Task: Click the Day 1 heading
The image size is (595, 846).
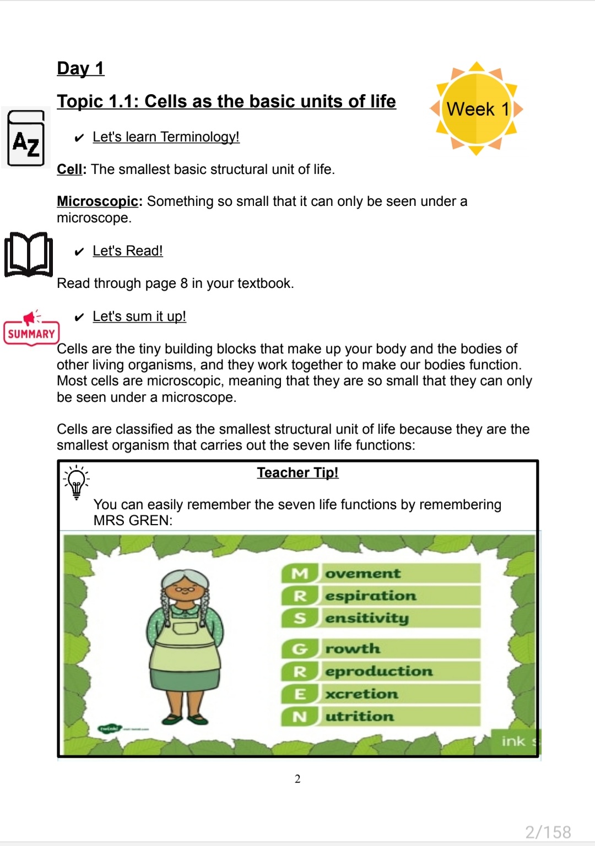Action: pyautogui.click(x=80, y=69)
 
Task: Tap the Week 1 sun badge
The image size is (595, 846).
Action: pyautogui.click(x=477, y=109)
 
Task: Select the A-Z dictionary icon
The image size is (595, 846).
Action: pyautogui.click(x=26, y=139)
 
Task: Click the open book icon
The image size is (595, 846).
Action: pyautogui.click(x=29, y=254)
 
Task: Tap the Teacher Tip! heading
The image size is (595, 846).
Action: pyautogui.click(x=297, y=473)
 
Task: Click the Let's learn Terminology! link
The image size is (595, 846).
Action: pyautogui.click(x=166, y=137)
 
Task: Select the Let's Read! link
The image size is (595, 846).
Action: pyautogui.click(x=128, y=251)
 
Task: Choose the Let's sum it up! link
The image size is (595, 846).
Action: pyautogui.click(x=139, y=316)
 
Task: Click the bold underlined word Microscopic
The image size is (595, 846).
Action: pyautogui.click(x=98, y=201)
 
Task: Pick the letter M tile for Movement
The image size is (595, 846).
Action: pyautogui.click(x=300, y=574)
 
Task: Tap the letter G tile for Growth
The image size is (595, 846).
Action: pyautogui.click(x=300, y=649)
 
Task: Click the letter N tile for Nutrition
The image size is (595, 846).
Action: pyautogui.click(x=300, y=717)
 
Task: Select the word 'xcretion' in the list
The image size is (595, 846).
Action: pyautogui.click(x=361, y=694)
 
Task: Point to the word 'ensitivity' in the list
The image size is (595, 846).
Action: pyautogui.click(x=367, y=618)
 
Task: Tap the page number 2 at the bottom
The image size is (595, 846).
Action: pyautogui.click(x=297, y=779)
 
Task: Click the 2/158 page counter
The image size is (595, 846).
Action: pyautogui.click(x=548, y=832)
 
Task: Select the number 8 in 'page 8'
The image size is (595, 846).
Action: pyautogui.click(x=184, y=283)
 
